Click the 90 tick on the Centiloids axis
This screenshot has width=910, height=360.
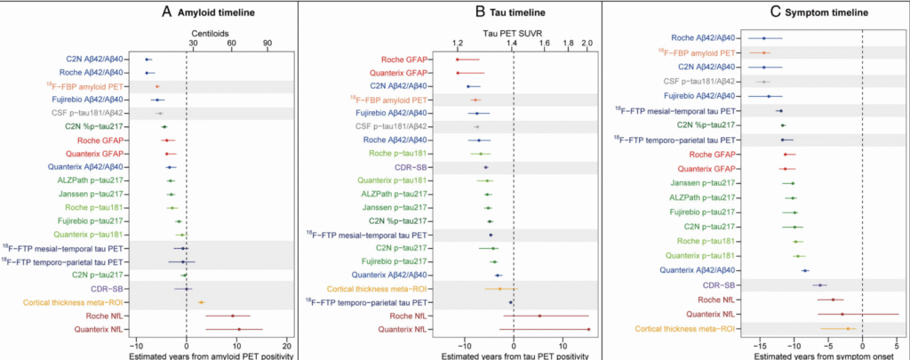coord(267,43)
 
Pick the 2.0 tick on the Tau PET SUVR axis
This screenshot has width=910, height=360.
coord(587,43)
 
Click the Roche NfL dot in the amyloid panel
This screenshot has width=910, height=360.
coord(233,316)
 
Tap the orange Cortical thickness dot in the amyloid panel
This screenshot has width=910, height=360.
coord(202,302)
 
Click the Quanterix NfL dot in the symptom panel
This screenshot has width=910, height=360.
coord(842,314)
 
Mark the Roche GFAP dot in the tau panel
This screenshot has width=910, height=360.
coord(458,60)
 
